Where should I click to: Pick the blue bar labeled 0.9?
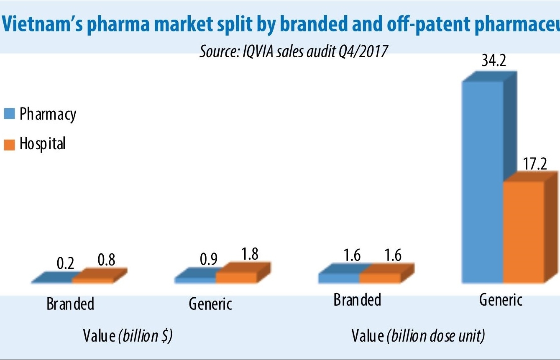[195, 279]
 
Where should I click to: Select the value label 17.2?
[535, 164]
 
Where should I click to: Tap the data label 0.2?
[65, 263]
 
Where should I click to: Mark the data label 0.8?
[107, 260]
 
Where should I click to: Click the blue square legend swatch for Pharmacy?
[10, 114]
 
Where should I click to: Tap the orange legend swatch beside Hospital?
[10, 144]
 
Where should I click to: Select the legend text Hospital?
[43, 144]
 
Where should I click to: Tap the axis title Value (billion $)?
[128, 335]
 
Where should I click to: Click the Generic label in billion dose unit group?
[501, 300]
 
